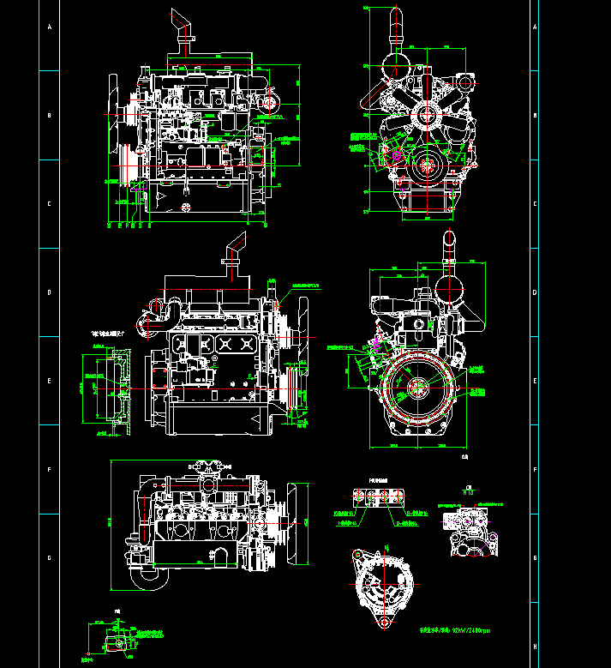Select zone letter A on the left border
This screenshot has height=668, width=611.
tap(50, 27)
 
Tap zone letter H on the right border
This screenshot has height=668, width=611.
tap(535, 646)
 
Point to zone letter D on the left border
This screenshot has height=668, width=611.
tap(50, 292)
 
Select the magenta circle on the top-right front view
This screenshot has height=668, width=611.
tap(396, 157)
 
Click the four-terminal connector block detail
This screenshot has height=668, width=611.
tap(375, 499)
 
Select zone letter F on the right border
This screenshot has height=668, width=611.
tap(535, 469)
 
